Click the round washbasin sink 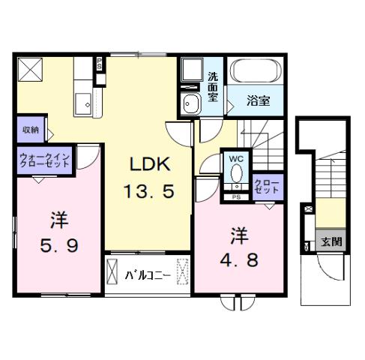[190, 104]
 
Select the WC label [237, 159]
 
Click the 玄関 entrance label [331, 241]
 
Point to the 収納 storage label [30, 130]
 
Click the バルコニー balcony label [147, 274]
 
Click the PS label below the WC [237, 196]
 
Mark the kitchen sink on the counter [83, 101]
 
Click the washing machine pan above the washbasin [190, 72]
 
